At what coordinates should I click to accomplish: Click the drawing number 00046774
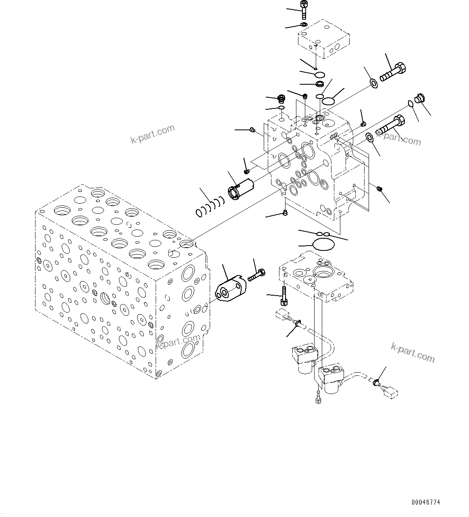tap(426, 502)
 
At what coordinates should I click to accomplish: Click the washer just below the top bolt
tap(304, 25)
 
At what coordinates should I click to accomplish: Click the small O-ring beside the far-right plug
tap(410, 104)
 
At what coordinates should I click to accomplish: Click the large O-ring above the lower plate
tap(323, 244)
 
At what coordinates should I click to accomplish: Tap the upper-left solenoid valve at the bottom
tap(304, 357)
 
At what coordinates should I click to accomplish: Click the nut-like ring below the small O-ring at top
tap(320, 84)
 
